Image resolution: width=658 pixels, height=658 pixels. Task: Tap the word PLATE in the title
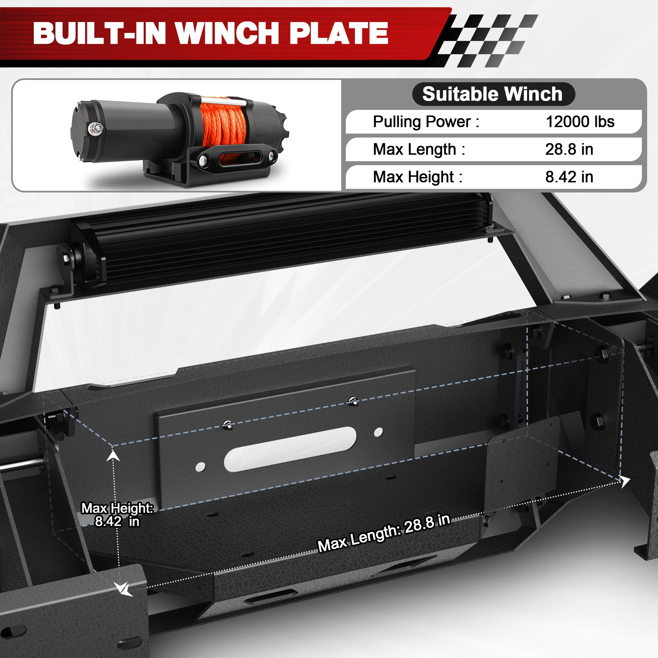pos(339,33)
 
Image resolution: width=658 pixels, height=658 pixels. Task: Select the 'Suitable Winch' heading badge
pos(493,94)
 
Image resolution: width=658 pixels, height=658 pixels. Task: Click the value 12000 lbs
pos(580,122)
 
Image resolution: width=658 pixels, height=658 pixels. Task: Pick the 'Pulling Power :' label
pos(426,122)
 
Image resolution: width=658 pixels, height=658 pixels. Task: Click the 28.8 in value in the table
pos(569,149)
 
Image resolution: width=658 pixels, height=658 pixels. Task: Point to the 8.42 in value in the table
pos(569,177)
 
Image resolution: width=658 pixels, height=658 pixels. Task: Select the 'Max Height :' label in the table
pos(418,177)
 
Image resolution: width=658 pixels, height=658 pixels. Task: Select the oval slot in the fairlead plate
pos(290,448)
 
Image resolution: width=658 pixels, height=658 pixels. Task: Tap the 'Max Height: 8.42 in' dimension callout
pos(117,515)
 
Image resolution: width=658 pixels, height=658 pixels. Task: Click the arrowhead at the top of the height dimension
pos(113,455)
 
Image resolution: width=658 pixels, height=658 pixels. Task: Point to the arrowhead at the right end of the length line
pos(624,481)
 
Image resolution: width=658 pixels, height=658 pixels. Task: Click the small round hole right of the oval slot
pos(378,432)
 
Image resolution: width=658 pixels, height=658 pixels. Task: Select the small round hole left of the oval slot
pos(200,467)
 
